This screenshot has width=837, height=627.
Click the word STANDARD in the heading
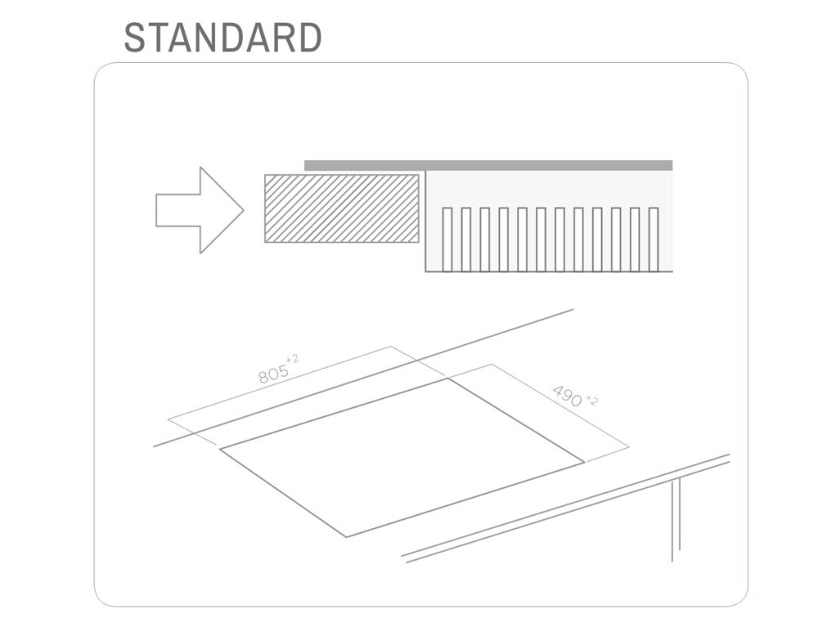[222, 38]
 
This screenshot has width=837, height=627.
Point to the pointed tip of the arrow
[242, 210]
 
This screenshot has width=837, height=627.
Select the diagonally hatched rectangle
[342, 208]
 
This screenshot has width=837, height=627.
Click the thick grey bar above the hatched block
[488, 165]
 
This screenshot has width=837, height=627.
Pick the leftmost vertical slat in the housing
[447, 239]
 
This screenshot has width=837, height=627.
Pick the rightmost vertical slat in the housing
[653, 239]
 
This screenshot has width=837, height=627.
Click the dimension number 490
[568, 395]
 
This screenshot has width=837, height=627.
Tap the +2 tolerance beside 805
[293, 359]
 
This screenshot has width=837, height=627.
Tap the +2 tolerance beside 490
[592, 401]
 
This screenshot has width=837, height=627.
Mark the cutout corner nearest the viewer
[347, 536]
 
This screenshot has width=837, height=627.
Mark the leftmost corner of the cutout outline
[221, 449]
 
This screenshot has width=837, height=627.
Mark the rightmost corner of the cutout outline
[584, 462]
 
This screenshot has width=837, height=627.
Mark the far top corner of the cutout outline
[447, 379]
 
